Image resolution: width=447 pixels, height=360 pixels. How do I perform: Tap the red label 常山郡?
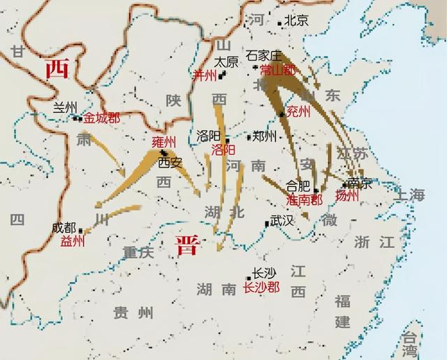click(x=277, y=70)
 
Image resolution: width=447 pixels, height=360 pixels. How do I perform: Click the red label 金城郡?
click(x=102, y=119)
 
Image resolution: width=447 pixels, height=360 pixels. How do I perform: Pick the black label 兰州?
click(x=64, y=107)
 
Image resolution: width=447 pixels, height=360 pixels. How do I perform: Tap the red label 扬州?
click(x=347, y=196)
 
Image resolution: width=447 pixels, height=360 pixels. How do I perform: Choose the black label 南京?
click(x=359, y=183)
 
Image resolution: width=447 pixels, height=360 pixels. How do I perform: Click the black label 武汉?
click(x=284, y=222)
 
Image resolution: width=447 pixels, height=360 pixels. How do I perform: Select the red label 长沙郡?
click(x=261, y=287)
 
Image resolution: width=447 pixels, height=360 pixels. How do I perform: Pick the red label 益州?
click(x=73, y=241)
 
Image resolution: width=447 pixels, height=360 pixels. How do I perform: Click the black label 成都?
click(x=64, y=228)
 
